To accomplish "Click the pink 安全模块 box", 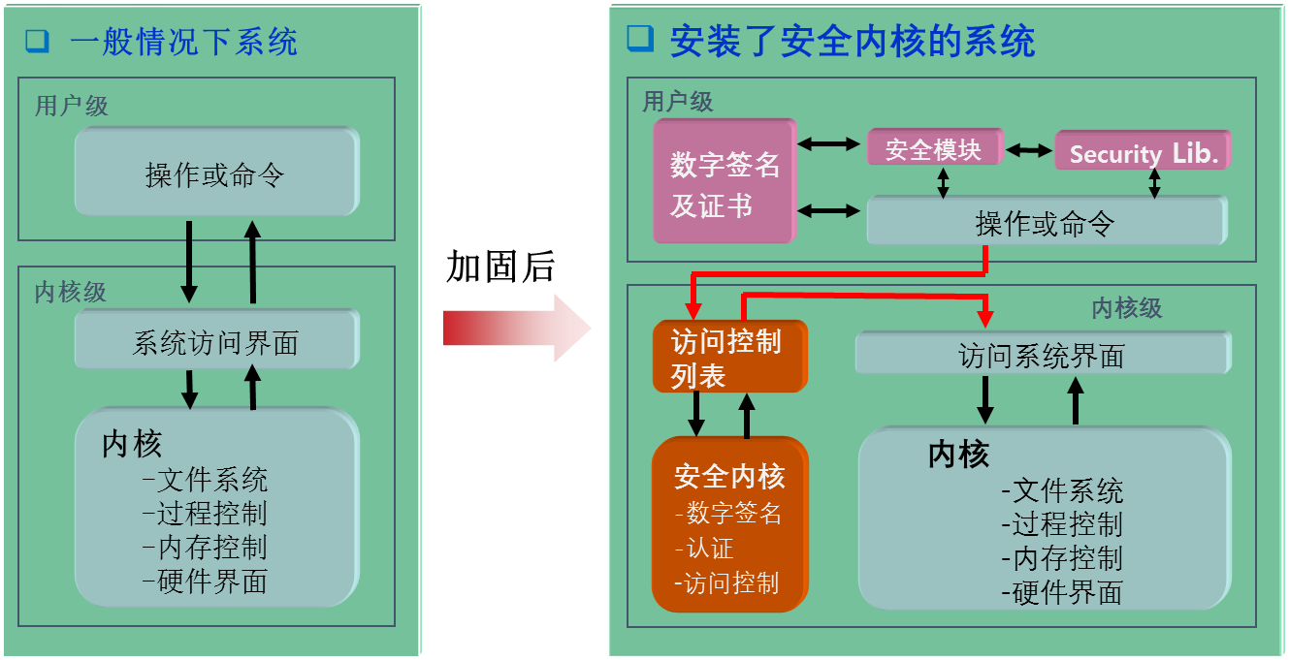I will [933, 148].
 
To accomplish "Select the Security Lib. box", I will [1143, 151].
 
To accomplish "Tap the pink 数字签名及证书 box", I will [725, 181].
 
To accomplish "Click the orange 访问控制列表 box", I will [728, 356].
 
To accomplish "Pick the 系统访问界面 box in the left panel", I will [216, 341].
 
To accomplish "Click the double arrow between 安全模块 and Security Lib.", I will [1029, 150].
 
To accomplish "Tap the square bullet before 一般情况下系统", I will [37, 42].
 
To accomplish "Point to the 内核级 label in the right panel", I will [1126, 308].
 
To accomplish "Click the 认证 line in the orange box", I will [709, 549].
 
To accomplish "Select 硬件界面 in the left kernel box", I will [211, 581].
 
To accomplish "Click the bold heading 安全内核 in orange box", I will [728, 477].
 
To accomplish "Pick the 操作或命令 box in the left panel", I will [215, 174].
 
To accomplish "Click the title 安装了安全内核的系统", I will [853, 42].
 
